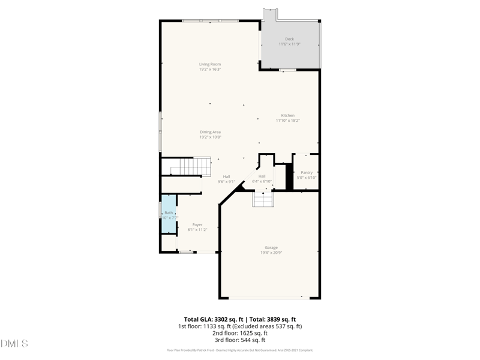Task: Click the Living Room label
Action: (210, 64)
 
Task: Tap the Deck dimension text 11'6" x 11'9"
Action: (289, 44)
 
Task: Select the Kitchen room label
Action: (288, 115)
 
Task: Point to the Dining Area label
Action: (211, 132)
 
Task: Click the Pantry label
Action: (307, 173)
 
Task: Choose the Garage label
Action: (271, 247)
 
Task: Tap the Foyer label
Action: (197, 224)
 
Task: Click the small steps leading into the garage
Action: (263, 199)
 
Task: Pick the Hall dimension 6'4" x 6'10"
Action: (262, 181)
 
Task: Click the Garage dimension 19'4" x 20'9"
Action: (271, 253)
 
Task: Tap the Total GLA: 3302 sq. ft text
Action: (213, 319)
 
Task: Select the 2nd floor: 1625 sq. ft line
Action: (239, 334)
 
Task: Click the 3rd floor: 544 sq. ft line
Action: (239, 340)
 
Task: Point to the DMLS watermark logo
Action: (15, 344)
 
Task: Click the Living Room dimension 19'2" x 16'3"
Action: (210, 70)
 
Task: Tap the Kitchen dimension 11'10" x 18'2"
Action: (288, 121)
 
